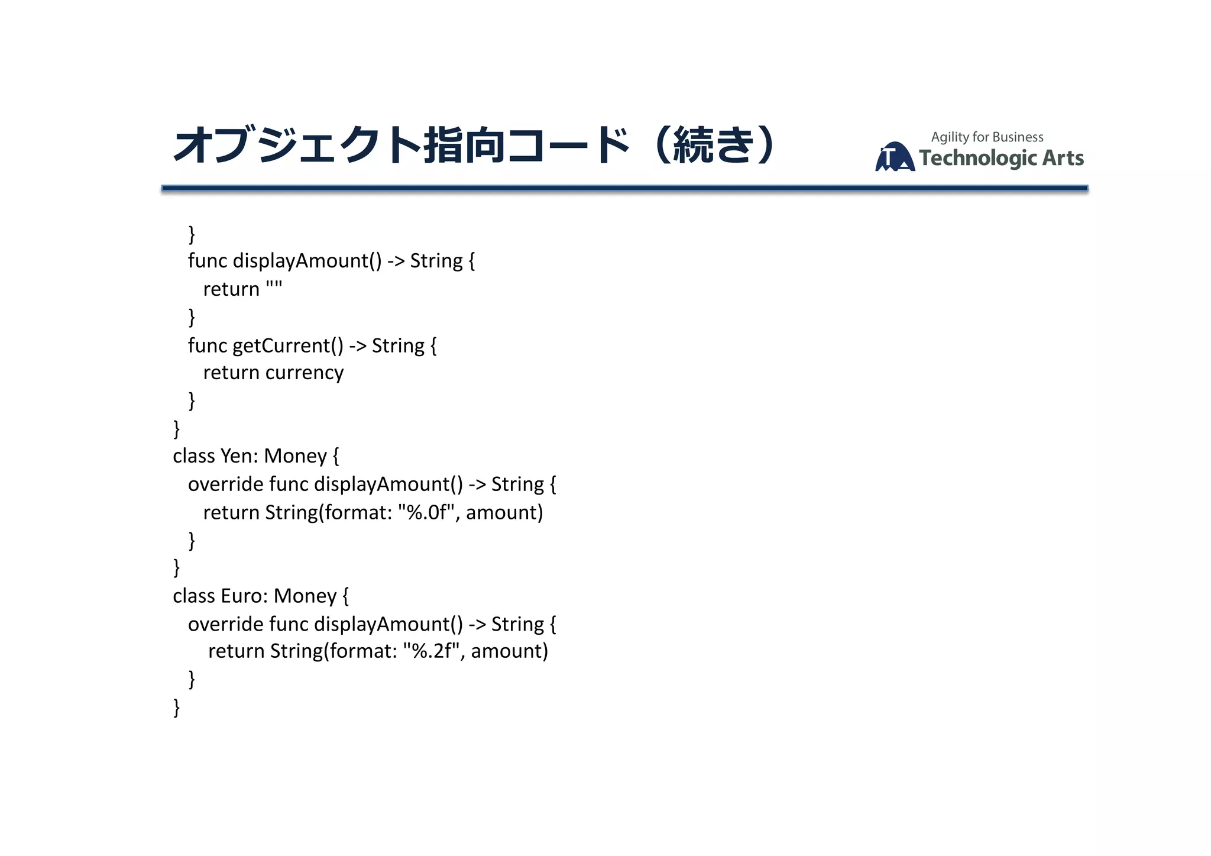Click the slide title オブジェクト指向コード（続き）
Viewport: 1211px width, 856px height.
473,145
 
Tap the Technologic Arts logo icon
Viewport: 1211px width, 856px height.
895,157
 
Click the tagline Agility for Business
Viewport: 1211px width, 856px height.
987,137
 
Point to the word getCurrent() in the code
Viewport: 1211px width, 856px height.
287,345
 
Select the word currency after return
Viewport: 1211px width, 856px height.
304,373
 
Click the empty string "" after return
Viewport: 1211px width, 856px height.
274,288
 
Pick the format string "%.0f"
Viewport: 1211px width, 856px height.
429,512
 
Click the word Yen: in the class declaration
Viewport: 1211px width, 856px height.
239,456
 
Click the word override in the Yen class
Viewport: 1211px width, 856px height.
226,484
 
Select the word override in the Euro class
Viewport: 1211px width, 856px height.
226,624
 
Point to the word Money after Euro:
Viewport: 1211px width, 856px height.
305,596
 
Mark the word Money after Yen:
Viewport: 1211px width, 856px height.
295,456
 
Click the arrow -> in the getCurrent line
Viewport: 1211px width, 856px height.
358,345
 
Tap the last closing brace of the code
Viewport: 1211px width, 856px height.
176,708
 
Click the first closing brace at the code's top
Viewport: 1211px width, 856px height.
192,234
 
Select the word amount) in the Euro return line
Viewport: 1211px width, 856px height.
509,651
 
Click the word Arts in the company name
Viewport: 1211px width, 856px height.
1063,159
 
